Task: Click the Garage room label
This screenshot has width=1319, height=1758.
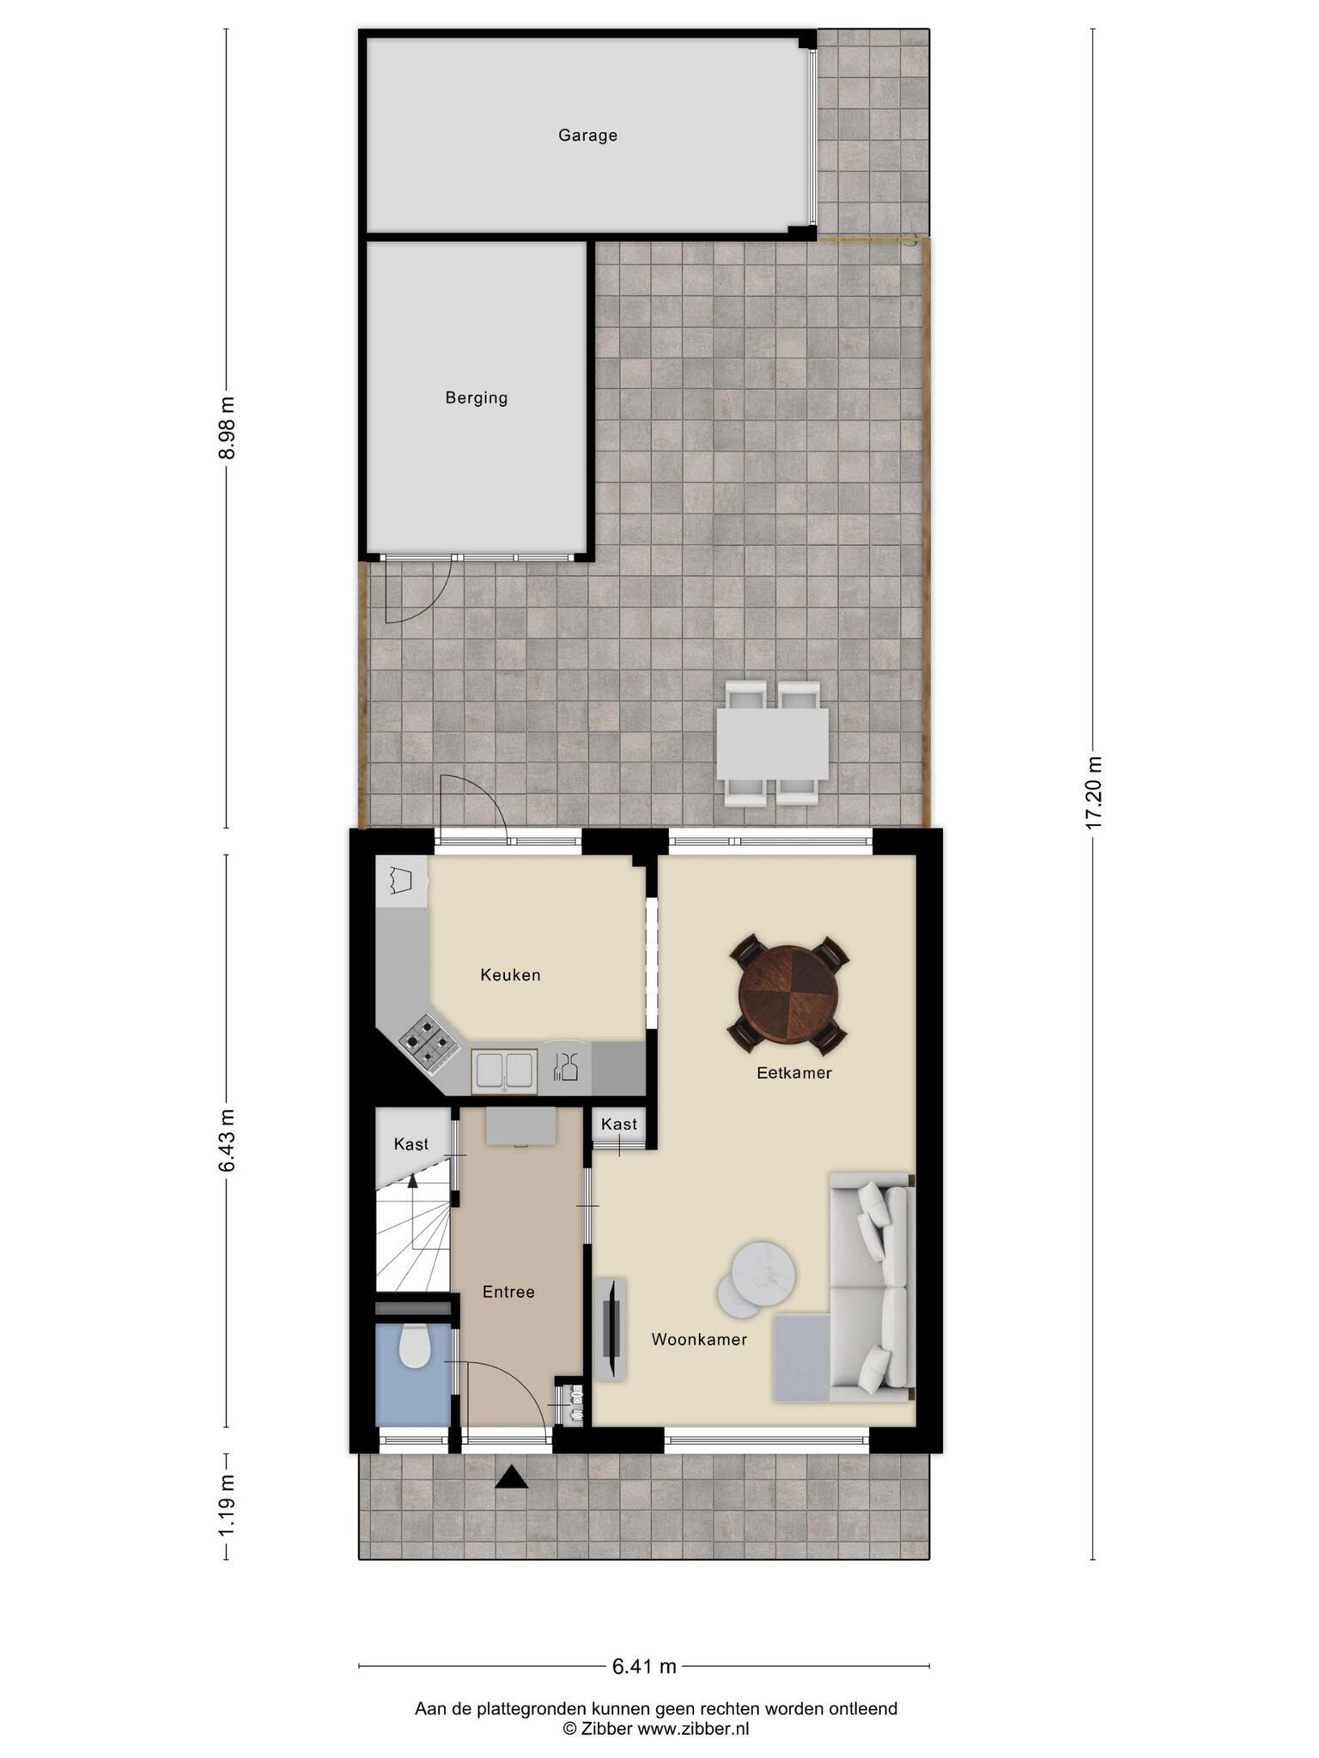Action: [x=587, y=136]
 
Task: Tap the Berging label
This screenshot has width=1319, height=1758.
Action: [x=477, y=398]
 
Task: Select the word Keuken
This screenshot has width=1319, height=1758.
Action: [x=510, y=974]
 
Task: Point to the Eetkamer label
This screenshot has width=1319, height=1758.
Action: [x=794, y=1072]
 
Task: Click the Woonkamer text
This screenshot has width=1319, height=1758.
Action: [x=699, y=1339]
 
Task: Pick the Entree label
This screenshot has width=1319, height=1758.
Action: [x=508, y=1291]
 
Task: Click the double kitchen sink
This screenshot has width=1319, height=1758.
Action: [x=504, y=1071]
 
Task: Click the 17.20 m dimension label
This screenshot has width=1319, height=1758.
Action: [x=1093, y=793]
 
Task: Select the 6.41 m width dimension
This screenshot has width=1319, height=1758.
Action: [x=644, y=1666]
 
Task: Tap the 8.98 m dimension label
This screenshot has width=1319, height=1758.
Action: [x=227, y=427]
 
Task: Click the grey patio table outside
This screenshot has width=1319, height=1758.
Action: [x=773, y=743]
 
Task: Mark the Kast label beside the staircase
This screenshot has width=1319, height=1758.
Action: [x=410, y=1144]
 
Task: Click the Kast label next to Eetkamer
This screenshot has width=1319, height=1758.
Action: [x=619, y=1124]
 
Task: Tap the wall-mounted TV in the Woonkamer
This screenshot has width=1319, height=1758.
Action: [x=612, y=1330]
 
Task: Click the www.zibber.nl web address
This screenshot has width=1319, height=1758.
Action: [x=693, y=1729]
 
